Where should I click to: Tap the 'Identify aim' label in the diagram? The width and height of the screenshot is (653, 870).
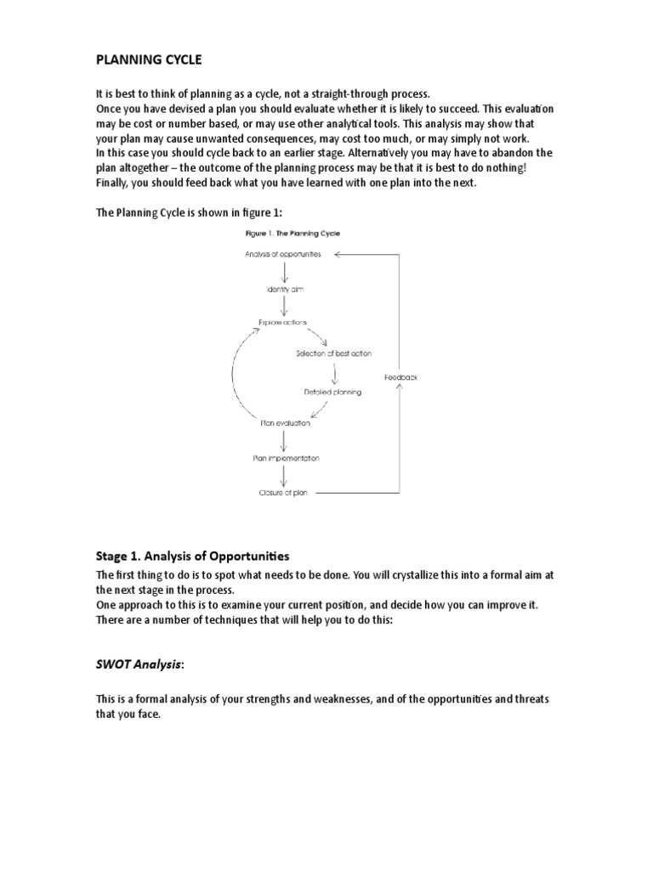[285, 289]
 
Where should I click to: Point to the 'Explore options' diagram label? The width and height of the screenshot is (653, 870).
[284, 322]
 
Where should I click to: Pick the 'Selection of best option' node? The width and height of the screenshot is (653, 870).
[333, 353]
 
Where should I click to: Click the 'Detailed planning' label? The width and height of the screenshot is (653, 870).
[332, 392]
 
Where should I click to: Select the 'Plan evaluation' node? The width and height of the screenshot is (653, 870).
[285, 422]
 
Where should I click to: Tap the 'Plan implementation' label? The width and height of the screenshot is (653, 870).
[286, 458]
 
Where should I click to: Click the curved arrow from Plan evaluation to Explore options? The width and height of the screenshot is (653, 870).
[234, 374]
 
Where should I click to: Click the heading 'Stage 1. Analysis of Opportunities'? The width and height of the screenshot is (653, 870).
[192, 556]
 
